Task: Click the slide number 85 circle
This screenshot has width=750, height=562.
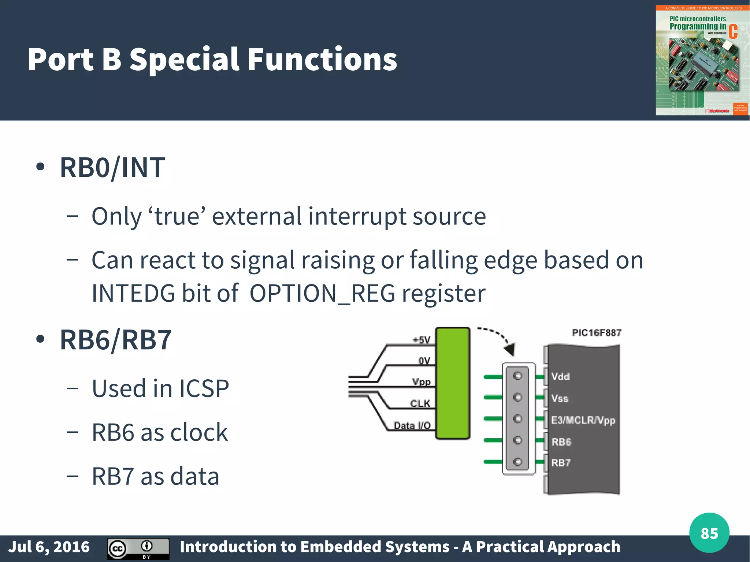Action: pos(709,533)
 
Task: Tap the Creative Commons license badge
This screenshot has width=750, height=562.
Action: pos(138,548)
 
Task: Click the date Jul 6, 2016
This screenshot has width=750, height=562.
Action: pos(49,547)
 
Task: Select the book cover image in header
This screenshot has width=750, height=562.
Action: pos(702,60)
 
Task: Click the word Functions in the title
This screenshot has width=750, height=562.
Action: pos(322,59)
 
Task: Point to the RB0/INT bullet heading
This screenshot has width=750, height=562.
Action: pos(112,167)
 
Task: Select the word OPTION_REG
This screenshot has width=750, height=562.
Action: pos(322,294)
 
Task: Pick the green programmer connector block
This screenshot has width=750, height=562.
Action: pos(453,383)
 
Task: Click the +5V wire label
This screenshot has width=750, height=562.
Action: pos(422,340)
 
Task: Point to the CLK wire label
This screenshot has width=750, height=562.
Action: pos(420,403)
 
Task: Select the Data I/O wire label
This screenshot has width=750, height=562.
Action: pos(412,425)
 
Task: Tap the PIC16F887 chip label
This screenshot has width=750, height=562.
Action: pos(597,333)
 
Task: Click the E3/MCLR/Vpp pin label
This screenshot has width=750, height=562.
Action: pos(583,420)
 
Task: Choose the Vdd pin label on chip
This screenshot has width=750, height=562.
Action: pos(560,376)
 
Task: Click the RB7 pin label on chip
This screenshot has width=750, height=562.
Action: pos(561,463)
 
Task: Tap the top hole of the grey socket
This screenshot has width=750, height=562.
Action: pos(517,376)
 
